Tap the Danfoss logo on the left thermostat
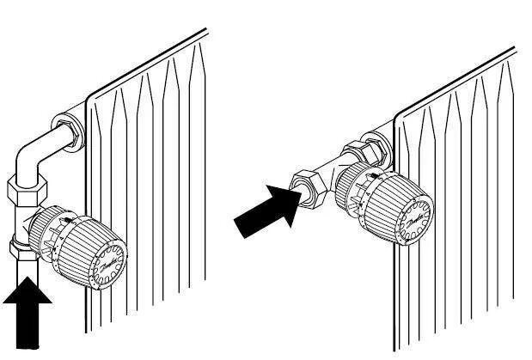tap(109, 261)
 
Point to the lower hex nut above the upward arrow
tap(23, 250)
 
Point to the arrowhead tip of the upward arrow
tap(28, 277)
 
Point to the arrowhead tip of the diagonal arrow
tap(299, 197)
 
